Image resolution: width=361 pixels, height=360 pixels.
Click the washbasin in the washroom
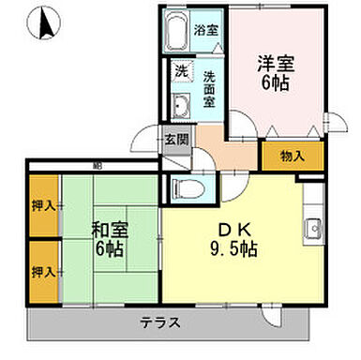tap(181, 103)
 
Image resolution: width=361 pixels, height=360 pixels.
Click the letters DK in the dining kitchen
tap(231, 230)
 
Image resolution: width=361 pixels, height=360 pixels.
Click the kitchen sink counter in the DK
tap(313, 225)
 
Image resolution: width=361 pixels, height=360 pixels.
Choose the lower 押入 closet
tap(43, 271)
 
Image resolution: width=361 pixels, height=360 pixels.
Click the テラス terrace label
tap(160, 323)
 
